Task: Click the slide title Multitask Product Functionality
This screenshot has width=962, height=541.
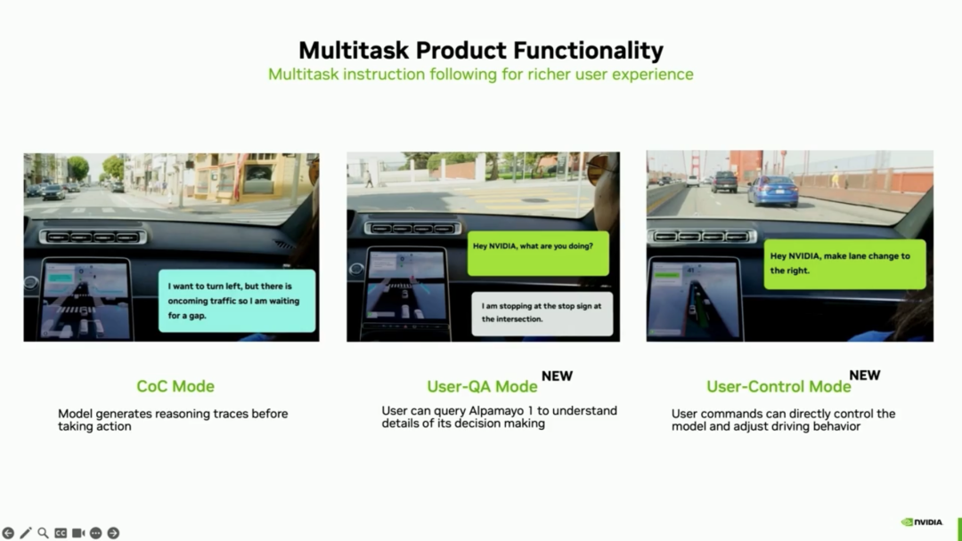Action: (481, 50)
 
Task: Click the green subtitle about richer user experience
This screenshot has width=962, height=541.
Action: (481, 74)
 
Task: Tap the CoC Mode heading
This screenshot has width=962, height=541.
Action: (175, 386)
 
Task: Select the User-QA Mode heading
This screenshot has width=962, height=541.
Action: (482, 386)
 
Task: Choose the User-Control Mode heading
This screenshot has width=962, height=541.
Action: (779, 386)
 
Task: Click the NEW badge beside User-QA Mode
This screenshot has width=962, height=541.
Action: (557, 375)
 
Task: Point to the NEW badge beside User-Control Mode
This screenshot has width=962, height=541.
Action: (864, 375)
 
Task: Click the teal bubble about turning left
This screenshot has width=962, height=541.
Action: (237, 301)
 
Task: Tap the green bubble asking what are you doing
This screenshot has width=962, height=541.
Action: (538, 253)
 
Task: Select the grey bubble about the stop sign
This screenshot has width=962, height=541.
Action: (542, 313)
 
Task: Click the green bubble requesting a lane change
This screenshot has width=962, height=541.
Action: (844, 264)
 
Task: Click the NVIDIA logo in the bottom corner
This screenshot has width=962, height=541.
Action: (922, 522)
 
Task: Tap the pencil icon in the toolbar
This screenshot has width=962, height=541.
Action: (25, 533)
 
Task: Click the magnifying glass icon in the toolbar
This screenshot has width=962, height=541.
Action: (43, 533)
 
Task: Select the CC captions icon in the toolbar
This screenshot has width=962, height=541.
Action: (61, 533)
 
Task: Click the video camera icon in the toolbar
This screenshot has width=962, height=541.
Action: (77, 533)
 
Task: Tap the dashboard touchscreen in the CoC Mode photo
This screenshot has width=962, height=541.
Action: (86, 299)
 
